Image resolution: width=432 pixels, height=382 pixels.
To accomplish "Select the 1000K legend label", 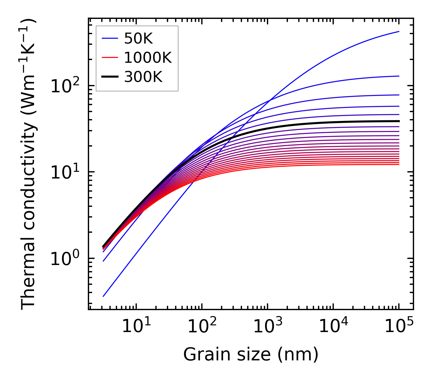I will (148, 58).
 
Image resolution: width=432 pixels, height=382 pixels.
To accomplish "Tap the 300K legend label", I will (143, 77).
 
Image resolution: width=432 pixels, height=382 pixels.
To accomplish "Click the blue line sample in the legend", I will (109, 38).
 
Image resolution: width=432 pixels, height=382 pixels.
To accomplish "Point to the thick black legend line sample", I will (109, 77).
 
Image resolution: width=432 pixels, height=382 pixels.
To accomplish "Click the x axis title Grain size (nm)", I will (251, 354).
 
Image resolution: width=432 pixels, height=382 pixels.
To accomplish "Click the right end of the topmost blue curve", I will (399, 31).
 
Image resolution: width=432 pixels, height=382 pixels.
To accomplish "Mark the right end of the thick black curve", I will (399, 121).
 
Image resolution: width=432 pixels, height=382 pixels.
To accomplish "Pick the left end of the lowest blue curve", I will (103, 296).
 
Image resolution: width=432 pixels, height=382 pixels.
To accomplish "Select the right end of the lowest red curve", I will (399, 164).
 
